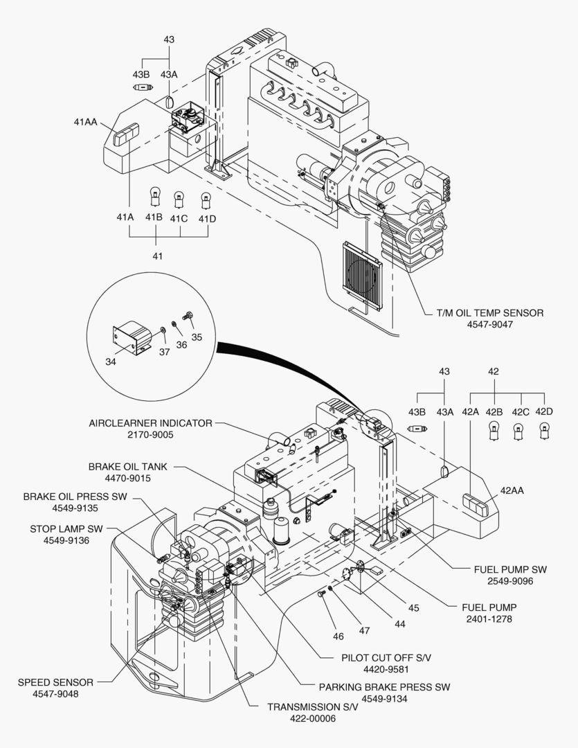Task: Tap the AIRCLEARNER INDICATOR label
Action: point(150,422)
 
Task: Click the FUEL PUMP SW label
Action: point(510,569)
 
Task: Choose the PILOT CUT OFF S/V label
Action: point(383,657)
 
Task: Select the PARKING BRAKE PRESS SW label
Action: point(384,687)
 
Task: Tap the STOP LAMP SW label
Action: point(66,528)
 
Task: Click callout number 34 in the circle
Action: point(111,361)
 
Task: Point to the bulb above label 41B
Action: point(154,199)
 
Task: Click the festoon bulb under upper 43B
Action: point(141,88)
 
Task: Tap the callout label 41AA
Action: point(86,123)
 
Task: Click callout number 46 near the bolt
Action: point(338,636)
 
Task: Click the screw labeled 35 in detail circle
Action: point(186,317)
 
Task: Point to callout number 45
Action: point(413,608)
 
